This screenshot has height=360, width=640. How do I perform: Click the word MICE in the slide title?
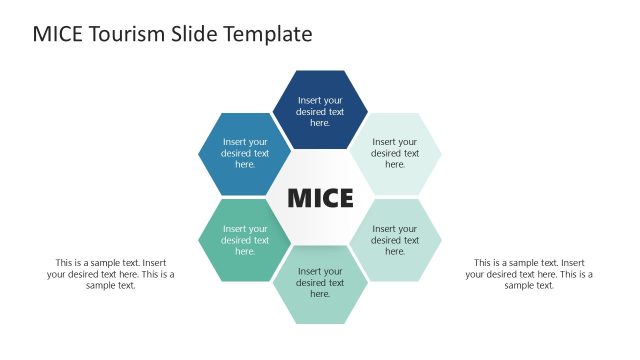[56, 34]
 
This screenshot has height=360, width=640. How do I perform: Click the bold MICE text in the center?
[320, 198]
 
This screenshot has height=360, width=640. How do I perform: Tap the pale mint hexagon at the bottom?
[320, 305]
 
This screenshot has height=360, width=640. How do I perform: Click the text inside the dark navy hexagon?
[320, 111]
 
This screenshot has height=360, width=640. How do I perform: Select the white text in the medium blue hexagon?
[245, 153]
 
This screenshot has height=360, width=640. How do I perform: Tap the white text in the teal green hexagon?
[245, 240]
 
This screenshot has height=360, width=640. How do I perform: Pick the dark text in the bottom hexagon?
[320, 283]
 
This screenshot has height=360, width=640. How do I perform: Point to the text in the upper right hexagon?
[395, 153]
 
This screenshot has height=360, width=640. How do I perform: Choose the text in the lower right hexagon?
[395, 240]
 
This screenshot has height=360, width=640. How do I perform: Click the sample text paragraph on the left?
[110, 274]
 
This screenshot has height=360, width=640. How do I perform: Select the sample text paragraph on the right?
[529, 274]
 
